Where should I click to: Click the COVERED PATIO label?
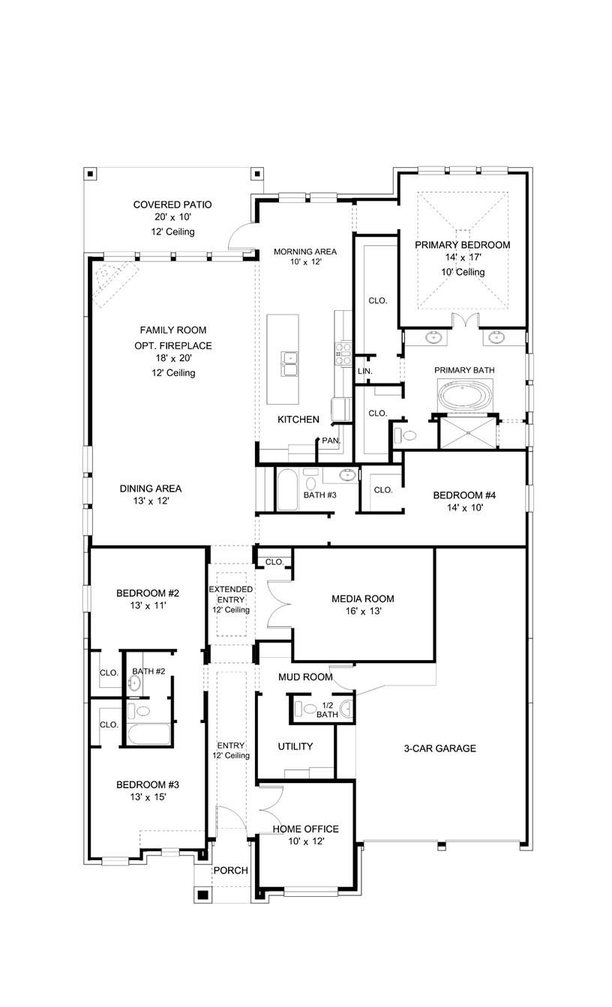coord(172,205)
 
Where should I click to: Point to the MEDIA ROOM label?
coord(362,599)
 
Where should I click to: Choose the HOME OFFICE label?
coord(305,829)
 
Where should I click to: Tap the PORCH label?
coord(230,871)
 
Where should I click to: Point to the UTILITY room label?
coord(295,746)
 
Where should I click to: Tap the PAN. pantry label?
coord(331,441)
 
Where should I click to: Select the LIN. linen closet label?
coord(365,371)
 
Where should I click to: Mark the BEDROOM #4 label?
coord(464,495)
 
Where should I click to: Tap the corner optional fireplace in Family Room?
coord(111,281)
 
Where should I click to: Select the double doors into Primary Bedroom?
coord(466,321)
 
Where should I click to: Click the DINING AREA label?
coord(150,489)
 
